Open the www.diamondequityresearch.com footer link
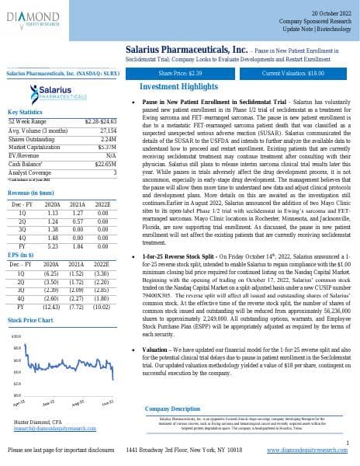pos(307,450)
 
